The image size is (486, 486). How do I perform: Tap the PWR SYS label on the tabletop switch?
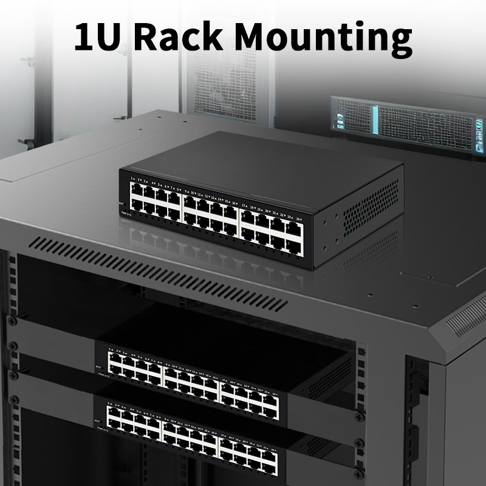126,213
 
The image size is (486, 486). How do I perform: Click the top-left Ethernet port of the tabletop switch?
137,190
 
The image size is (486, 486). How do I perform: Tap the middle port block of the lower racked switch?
192,433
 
